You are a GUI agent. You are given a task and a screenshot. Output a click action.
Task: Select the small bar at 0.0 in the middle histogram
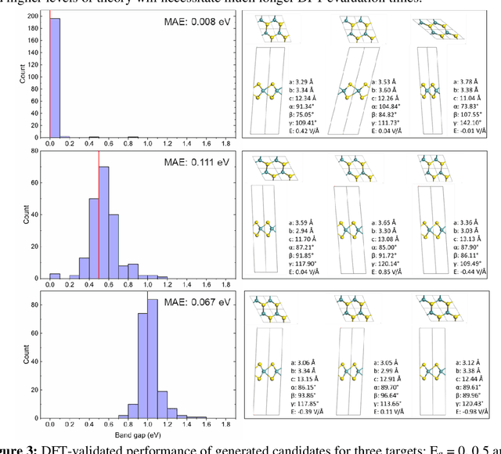pyautogui.click(x=54, y=276)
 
